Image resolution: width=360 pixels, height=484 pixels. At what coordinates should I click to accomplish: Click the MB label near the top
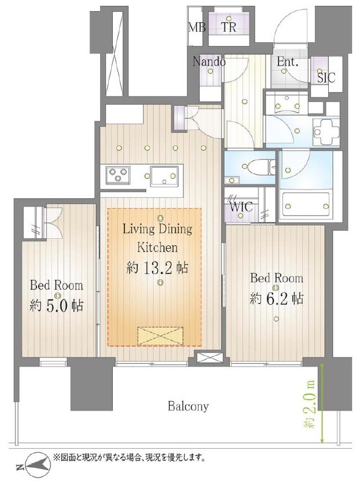[x=197, y=27]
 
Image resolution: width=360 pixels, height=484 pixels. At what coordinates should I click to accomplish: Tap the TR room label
[x=229, y=27]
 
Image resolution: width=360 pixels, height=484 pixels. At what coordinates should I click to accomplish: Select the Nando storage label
[x=209, y=62]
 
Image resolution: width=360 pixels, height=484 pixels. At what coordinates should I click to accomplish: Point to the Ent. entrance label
[x=288, y=62]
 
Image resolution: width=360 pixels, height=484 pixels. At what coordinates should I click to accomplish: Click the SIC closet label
[x=326, y=77]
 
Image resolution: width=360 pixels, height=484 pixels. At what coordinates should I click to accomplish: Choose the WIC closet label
[x=240, y=206]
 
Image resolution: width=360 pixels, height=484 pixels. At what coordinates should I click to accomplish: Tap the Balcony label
[x=188, y=406]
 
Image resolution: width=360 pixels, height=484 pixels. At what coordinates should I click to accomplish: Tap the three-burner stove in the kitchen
[x=117, y=175]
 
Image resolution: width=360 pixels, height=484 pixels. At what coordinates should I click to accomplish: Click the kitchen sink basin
[x=164, y=176]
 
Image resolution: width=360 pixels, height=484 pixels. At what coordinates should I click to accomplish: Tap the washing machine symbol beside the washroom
[x=326, y=132]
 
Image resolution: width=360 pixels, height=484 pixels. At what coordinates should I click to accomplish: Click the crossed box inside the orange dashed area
[x=160, y=336]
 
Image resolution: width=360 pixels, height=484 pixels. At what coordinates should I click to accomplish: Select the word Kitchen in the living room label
[x=157, y=247]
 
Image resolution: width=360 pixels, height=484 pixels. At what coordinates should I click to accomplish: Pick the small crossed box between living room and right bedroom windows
[x=210, y=358]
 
